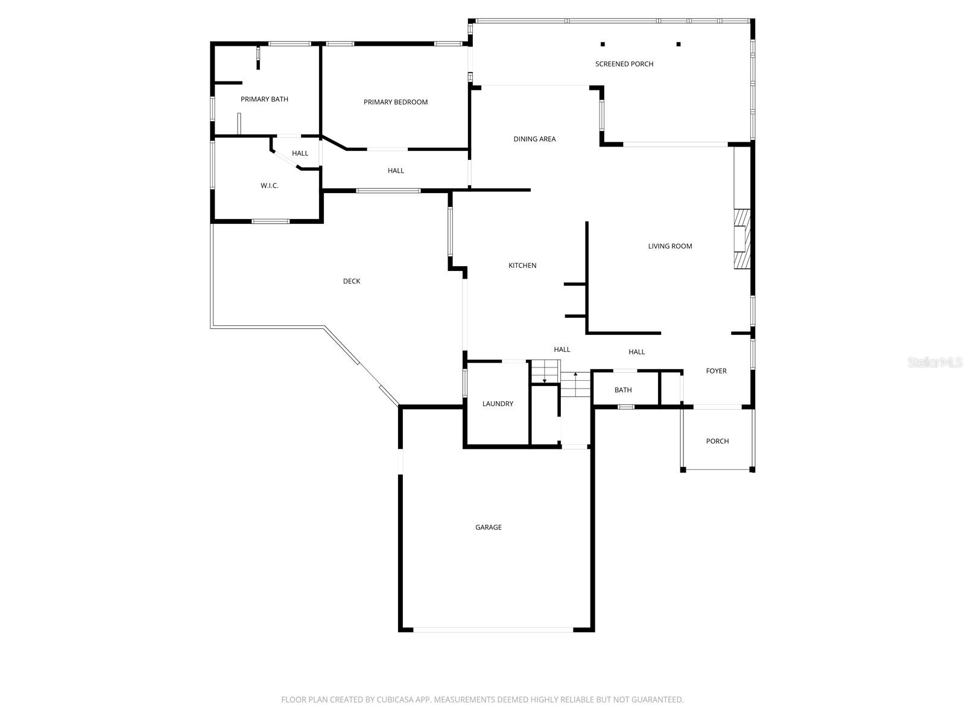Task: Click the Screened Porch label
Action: click(624, 64)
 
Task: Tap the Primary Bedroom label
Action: click(396, 102)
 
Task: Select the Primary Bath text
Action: click(264, 99)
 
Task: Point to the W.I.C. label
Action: click(269, 186)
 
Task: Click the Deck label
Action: click(352, 281)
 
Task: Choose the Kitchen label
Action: click(522, 265)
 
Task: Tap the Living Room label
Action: click(670, 246)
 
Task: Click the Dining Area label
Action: click(534, 139)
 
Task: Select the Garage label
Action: click(489, 527)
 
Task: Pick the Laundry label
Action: click(498, 404)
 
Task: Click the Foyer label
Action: click(717, 371)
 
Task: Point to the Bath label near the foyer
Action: click(623, 390)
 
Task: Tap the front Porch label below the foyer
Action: click(717, 441)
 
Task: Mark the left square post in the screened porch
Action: click(603, 44)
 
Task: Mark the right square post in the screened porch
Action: click(679, 44)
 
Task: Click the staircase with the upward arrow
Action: click(575, 384)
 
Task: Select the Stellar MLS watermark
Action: click(935, 363)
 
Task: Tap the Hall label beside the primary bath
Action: click(300, 153)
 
